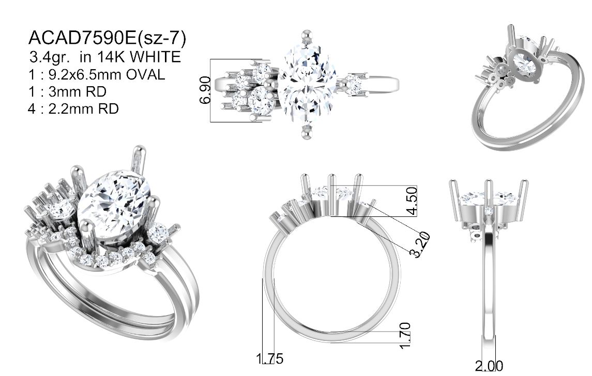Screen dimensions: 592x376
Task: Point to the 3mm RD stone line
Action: [x=68, y=91]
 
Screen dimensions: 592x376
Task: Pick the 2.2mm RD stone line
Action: [x=73, y=108]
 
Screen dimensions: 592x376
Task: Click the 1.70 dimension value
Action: [x=405, y=336]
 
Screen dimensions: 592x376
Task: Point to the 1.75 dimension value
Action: [x=269, y=358]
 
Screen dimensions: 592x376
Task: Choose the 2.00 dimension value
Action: [x=489, y=366]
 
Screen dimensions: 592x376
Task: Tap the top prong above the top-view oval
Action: [x=307, y=37]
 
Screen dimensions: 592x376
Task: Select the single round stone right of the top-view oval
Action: [x=353, y=84]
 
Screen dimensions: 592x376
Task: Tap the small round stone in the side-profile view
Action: [x=489, y=210]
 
